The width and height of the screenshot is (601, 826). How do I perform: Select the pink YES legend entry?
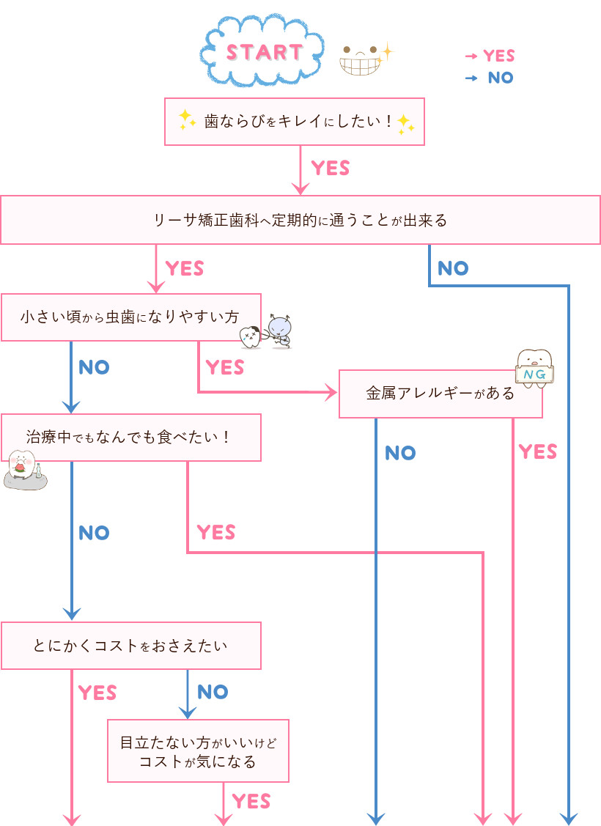pyautogui.click(x=491, y=56)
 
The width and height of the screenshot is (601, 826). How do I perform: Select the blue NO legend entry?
pyautogui.click(x=491, y=78)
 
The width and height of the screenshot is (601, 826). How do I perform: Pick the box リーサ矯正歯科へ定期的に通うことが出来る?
pyautogui.click(x=300, y=219)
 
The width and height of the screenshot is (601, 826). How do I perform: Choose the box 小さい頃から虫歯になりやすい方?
pyautogui.click(x=130, y=317)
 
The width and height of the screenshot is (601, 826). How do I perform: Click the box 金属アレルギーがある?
pyautogui.click(x=440, y=394)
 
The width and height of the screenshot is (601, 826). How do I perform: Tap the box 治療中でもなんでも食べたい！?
pyautogui.click(x=130, y=438)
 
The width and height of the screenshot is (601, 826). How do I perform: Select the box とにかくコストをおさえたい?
pyautogui.click(x=130, y=646)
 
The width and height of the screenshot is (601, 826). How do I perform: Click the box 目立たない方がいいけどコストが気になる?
pyautogui.click(x=198, y=751)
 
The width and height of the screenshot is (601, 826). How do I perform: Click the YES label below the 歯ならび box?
pyautogui.click(x=330, y=169)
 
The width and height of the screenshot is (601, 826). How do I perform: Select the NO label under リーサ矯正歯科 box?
pyautogui.click(x=453, y=268)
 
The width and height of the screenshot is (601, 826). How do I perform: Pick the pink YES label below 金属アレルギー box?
pyautogui.click(x=537, y=452)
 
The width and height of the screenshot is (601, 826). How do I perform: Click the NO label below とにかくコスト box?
pyautogui.click(x=213, y=692)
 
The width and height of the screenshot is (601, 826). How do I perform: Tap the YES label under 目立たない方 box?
pyautogui.click(x=251, y=801)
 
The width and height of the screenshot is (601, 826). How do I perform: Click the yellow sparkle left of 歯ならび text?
pyautogui.click(x=186, y=117)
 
